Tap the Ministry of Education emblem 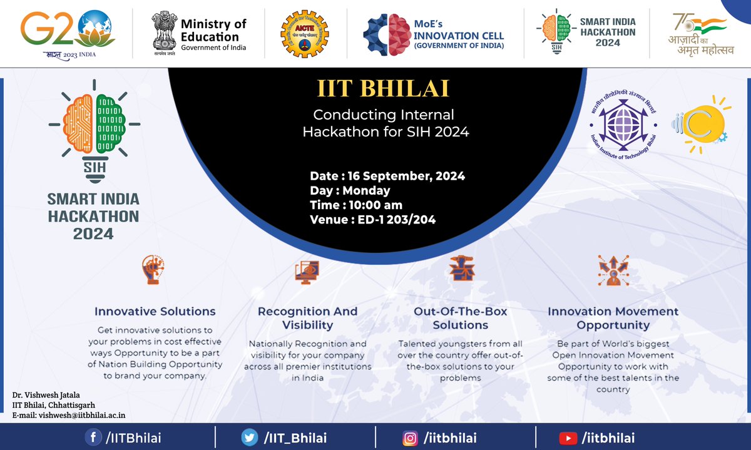tap(164, 33)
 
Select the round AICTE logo tap(305, 33)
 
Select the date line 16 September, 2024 tap(387, 176)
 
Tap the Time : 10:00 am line tap(356, 205)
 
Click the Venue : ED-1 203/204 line tap(372, 219)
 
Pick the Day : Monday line tap(350, 190)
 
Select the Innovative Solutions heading tap(155, 311)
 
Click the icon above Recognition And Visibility tap(307, 271)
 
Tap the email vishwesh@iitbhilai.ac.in tap(73, 415)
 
